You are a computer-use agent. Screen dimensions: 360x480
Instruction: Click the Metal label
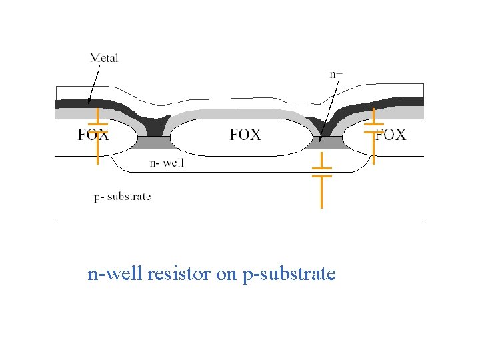tap(105, 58)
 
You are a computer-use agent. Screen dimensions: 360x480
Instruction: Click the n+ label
tap(338, 75)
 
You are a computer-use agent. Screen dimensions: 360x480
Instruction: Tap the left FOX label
tap(93, 135)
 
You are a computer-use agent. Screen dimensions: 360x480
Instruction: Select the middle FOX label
tap(245, 135)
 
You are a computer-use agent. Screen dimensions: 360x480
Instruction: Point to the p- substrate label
tap(122, 196)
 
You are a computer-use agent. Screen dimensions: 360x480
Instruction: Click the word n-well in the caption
tap(115, 274)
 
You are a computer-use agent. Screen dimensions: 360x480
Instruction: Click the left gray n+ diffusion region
tap(153, 142)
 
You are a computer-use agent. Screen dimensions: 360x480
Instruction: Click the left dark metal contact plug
tap(154, 125)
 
